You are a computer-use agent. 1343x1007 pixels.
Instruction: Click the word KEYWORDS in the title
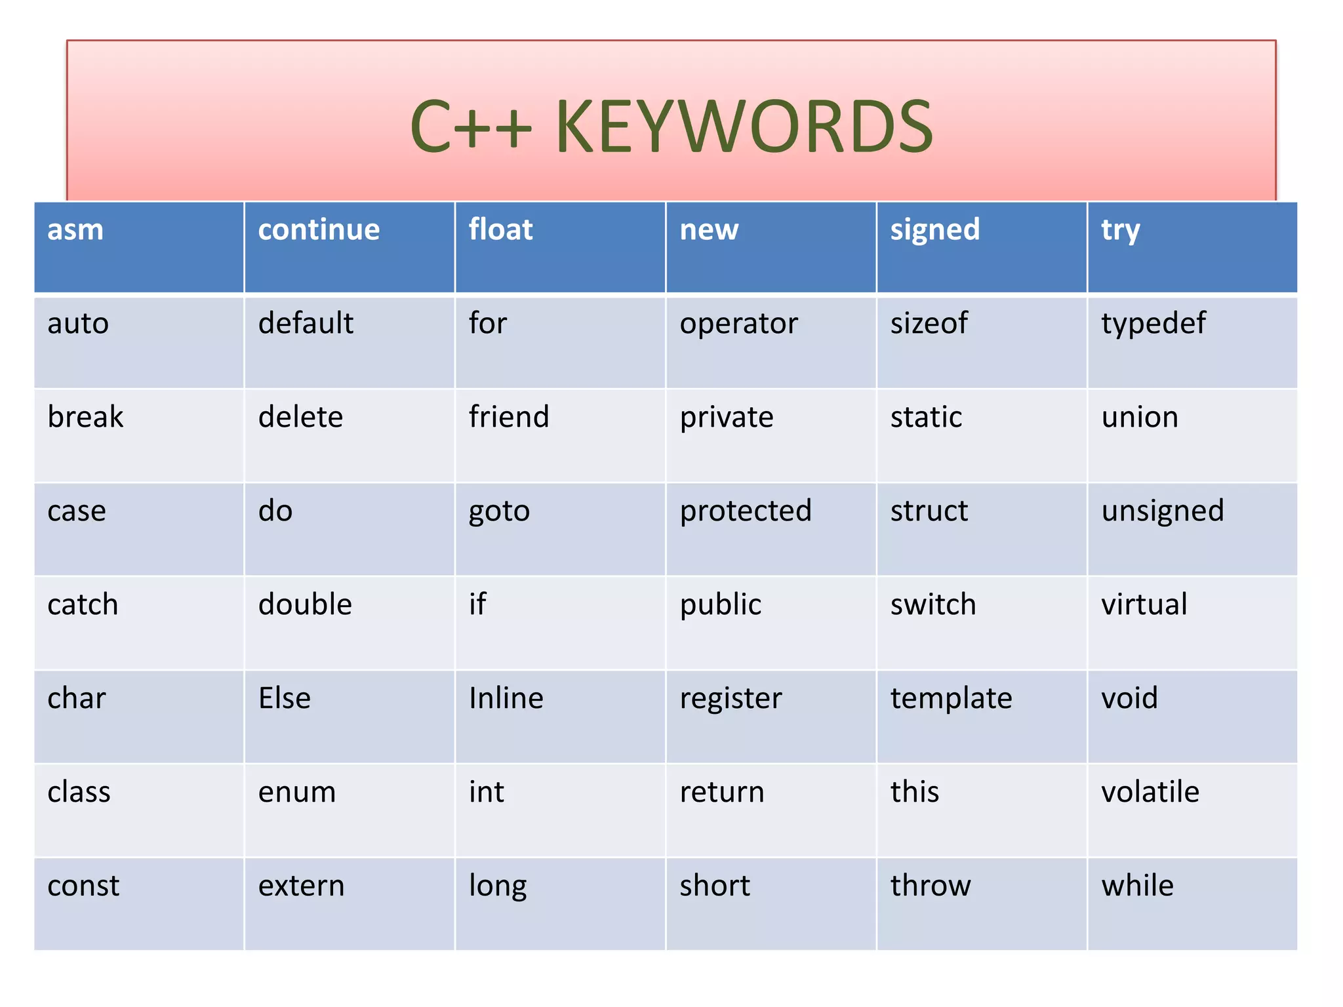point(744,127)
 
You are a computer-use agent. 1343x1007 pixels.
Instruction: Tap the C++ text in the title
point(471,127)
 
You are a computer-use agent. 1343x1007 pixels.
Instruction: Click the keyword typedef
point(1153,324)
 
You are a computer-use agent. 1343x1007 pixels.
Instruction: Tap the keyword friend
point(509,417)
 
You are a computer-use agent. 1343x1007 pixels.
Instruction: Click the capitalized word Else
point(285,698)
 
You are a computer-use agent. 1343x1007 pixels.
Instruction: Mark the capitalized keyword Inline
point(506,698)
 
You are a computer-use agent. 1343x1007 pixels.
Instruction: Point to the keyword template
point(951,698)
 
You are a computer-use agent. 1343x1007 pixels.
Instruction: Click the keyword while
point(1137,886)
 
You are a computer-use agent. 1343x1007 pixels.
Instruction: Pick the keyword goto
point(499,511)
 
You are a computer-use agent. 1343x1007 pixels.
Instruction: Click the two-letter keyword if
point(477,604)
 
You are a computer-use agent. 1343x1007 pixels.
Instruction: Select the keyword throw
point(931,886)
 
